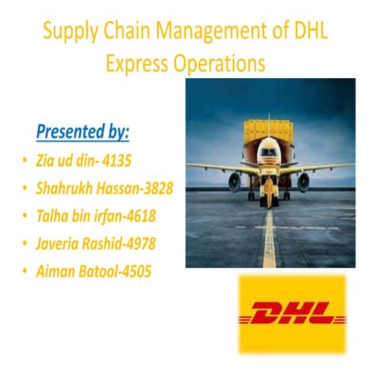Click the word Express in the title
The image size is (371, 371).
coord(137,62)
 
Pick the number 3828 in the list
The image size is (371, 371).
coord(152,188)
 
